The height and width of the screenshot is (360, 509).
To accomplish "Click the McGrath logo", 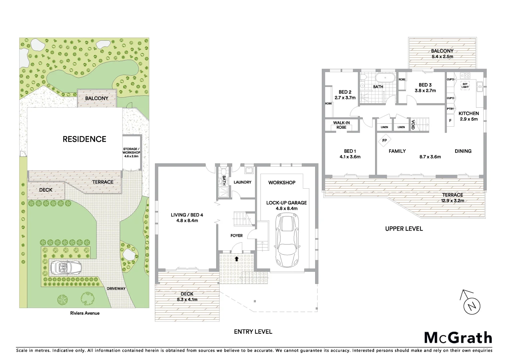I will [x=458, y=337].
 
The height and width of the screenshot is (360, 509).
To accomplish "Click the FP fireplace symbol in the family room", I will [x=384, y=140].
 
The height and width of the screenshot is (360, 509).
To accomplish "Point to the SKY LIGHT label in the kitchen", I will [x=465, y=85].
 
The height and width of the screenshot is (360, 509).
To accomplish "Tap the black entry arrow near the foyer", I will [x=237, y=258].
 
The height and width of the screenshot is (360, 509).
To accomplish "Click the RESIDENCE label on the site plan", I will [x=84, y=139].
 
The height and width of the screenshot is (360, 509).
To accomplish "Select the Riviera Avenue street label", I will [x=85, y=313].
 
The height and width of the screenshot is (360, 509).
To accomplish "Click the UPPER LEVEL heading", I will [x=404, y=229].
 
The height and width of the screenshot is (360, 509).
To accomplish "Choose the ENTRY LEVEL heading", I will [x=253, y=332].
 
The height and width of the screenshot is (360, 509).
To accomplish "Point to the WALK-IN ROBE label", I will [x=341, y=125].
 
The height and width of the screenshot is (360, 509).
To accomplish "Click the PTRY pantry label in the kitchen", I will [x=450, y=109].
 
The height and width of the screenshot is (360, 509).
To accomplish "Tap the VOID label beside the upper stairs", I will [x=413, y=125].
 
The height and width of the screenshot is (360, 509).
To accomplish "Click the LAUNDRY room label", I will [x=242, y=182].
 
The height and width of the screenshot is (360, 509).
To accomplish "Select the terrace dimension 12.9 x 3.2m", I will [x=452, y=200].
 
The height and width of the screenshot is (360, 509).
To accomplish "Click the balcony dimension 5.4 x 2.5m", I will [x=442, y=57].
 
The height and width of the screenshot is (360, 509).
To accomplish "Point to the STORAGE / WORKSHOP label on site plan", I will [x=132, y=152].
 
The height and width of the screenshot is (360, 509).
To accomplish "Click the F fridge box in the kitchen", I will [x=450, y=121].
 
